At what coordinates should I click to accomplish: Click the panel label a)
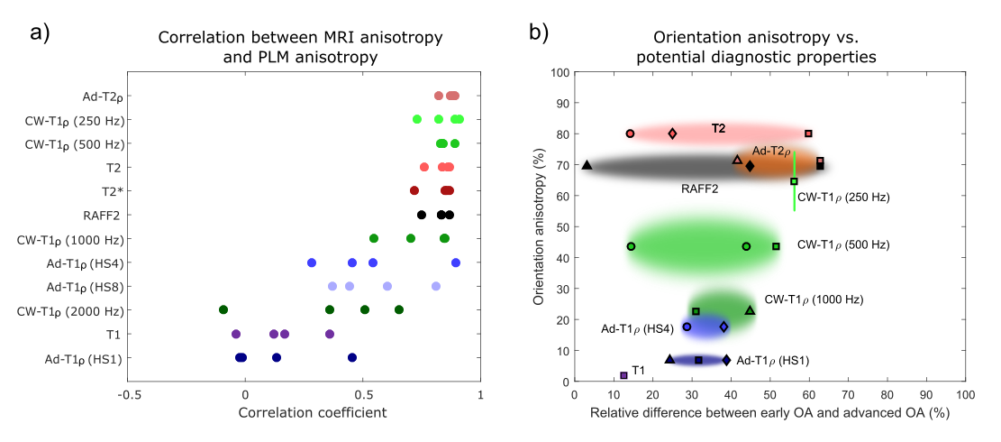point(41,34)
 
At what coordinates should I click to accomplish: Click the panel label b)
point(538,34)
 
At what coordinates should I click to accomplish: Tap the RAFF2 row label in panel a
point(108,215)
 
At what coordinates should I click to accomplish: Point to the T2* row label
point(113,191)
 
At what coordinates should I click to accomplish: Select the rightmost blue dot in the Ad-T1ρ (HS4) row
point(456,262)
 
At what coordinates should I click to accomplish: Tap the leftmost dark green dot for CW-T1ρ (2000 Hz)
point(223,309)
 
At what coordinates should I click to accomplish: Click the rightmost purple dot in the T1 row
point(330,334)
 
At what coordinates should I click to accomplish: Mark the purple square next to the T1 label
point(623,375)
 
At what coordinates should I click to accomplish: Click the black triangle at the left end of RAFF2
point(587,165)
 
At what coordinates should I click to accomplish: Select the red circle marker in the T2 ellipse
point(630,134)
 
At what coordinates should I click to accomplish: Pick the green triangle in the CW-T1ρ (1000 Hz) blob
point(750,310)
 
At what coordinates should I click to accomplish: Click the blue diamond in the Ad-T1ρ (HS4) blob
point(723,327)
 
